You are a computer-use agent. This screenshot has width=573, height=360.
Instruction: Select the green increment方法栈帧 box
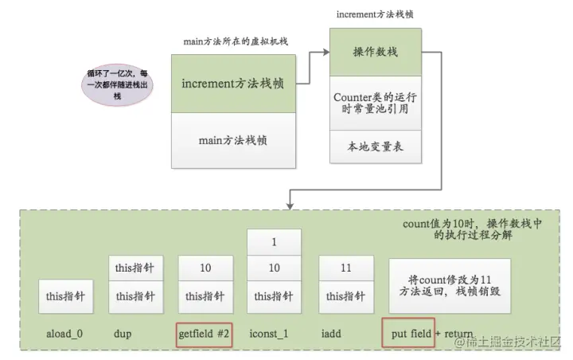click(x=234, y=84)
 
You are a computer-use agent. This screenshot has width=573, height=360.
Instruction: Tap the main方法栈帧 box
click(x=234, y=140)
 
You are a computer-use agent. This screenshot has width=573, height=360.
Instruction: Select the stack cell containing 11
click(x=345, y=268)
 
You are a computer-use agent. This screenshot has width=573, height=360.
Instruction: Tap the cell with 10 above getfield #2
click(x=205, y=268)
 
